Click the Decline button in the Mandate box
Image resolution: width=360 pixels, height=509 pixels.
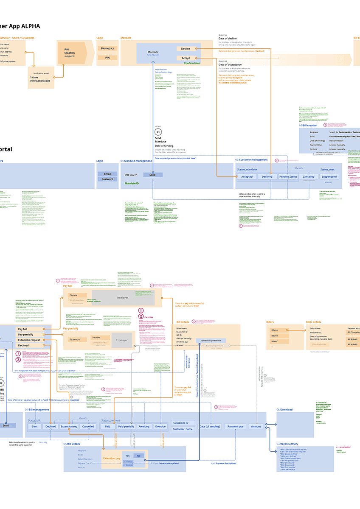coord(186,49)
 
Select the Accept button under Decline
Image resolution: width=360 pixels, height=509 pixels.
coord(186,58)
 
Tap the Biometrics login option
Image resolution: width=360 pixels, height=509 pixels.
coord(107,48)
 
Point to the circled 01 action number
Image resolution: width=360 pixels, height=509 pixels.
coord(158,133)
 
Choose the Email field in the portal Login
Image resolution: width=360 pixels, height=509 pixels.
coord(107,174)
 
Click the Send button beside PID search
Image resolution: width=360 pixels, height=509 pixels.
coord(152,175)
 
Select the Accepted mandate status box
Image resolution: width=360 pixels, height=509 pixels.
coord(247,176)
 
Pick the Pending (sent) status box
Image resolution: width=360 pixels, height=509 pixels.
coord(288,176)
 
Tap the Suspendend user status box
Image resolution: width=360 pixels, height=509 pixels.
coord(329,176)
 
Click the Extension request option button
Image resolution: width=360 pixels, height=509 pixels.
coord(29,340)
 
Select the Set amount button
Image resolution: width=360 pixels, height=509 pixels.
coord(75,339)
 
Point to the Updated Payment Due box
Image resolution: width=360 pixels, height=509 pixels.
coord(210,340)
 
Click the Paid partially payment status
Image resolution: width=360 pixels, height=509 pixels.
coord(126,426)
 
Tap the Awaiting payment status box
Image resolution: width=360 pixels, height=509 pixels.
coord(144,426)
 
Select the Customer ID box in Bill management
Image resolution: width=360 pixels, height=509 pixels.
coord(183,423)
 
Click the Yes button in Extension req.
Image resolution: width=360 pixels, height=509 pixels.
coord(127,456)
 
